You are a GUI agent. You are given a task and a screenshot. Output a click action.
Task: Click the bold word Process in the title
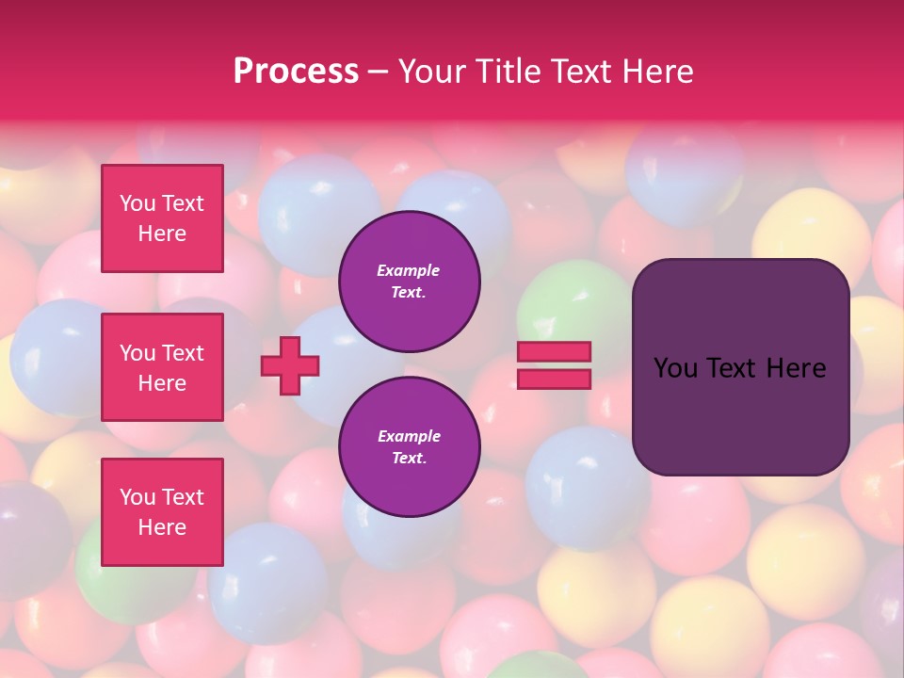pos(296,71)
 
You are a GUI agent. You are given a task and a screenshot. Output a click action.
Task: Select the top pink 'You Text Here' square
pos(162,218)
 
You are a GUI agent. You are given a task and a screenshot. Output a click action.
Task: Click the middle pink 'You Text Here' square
pos(162,367)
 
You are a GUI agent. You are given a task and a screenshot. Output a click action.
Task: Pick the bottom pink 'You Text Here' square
pos(162,512)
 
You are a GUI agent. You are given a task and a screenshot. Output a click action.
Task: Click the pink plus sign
pos(290,365)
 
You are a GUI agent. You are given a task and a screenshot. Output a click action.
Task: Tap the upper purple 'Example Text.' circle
pos(410,282)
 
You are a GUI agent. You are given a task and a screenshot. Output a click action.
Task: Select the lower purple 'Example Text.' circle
pos(410,447)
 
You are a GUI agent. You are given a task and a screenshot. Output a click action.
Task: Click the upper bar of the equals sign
pos(555,352)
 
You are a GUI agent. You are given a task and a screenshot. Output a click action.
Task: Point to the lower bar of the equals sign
pos(555,379)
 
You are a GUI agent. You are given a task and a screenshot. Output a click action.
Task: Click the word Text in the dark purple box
pos(737,368)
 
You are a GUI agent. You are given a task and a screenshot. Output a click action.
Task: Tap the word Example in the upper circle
pos(409,270)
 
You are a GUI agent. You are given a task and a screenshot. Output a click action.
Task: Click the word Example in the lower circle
pos(409,436)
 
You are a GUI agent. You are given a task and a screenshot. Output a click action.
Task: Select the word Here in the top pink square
pos(162,234)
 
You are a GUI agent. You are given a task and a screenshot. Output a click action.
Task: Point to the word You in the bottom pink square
pos(137,497)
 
